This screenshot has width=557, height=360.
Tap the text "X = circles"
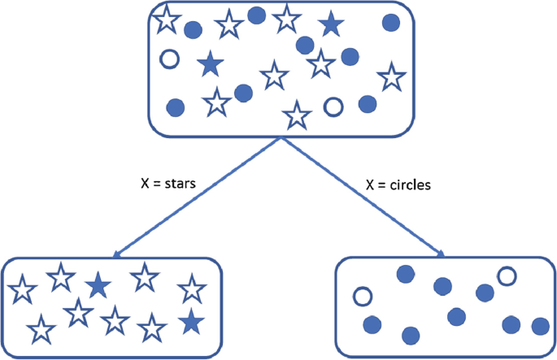(x=398, y=184)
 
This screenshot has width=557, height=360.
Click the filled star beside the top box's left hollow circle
(x=210, y=62)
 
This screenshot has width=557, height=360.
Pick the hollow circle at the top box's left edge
(x=170, y=59)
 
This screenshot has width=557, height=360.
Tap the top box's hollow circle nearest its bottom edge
(x=333, y=106)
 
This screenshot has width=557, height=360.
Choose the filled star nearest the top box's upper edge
(x=329, y=25)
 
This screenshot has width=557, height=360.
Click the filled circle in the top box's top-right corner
(x=391, y=23)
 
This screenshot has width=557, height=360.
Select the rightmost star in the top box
(x=392, y=78)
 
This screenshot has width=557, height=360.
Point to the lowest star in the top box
(x=298, y=115)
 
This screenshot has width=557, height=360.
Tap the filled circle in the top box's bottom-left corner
(x=175, y=106)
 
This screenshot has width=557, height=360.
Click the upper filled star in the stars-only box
(x=98, y=284)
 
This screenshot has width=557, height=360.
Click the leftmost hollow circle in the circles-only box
(x=362, y=296)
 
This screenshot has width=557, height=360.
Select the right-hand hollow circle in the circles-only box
(x=506, y=276)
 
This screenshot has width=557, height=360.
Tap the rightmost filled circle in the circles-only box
(x=539, y=327)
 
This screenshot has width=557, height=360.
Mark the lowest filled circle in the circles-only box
(x=410, y=334)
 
